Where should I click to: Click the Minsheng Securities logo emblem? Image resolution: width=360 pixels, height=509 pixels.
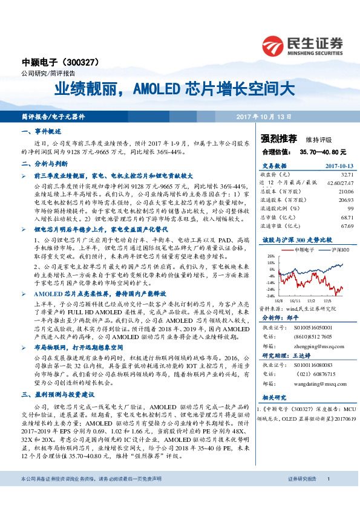click(272, 45)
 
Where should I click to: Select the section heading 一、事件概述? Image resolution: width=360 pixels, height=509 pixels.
click(40, 131)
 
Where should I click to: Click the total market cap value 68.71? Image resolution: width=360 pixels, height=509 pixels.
click(347, 216)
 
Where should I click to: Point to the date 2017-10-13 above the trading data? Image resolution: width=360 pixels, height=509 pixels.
click(339, 165)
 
